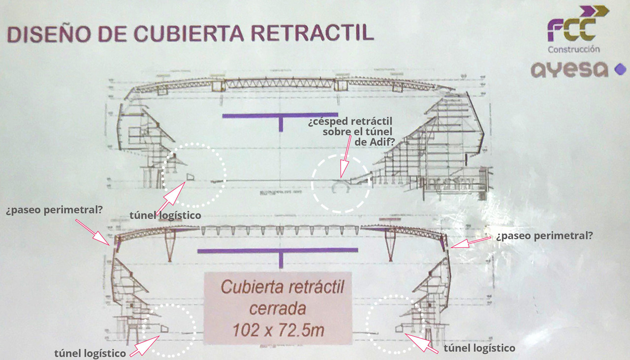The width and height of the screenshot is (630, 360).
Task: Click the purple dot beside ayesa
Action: (620, 70)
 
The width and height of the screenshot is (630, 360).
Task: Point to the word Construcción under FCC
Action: (574, 49)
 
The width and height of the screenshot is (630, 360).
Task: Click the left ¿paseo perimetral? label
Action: (54, 210)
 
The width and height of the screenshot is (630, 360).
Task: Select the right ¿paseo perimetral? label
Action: (544, 236)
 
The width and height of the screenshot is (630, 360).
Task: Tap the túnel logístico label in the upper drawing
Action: (165, 215)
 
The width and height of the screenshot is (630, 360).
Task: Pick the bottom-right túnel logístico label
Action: (479, 348)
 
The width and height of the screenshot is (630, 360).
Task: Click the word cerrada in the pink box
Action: (278, 309)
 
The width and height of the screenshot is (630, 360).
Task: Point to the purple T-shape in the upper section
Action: (281, 120)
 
